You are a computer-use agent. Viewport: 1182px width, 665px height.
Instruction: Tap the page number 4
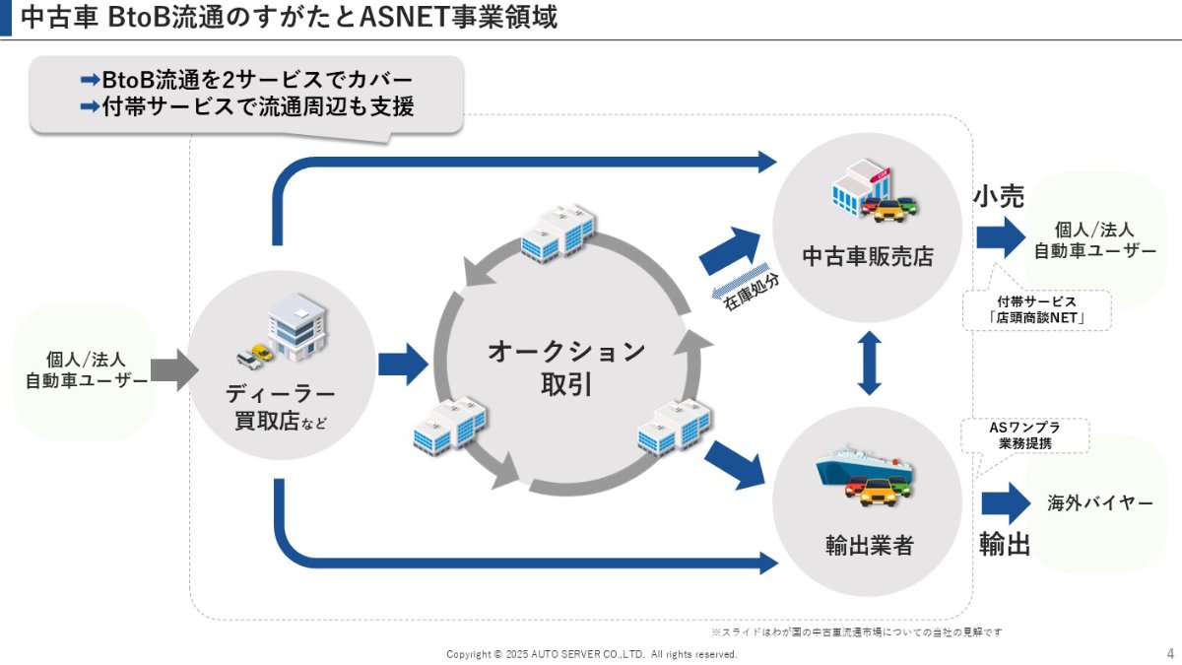point(1169,653)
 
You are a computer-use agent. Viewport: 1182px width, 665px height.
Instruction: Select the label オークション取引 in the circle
point(565,367)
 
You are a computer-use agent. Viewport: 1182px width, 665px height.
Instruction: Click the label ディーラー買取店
point(280,408)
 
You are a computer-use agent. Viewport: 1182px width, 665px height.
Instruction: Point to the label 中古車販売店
point(867,257)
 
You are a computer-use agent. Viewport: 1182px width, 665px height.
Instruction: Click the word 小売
point(999,197)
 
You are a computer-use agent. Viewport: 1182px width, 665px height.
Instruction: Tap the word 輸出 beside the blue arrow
point(1004,544)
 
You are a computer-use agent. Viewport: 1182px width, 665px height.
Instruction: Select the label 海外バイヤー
point(1099,503)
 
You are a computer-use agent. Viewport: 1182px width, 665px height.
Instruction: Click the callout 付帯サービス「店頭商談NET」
point(1035,310)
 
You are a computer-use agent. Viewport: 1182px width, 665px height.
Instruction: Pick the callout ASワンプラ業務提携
point(1024,435)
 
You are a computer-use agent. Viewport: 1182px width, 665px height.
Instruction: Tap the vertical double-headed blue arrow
point(868,363)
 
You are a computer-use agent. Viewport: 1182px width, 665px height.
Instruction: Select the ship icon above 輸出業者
point(867,464)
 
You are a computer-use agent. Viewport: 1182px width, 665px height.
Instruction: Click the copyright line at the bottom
point(591,654)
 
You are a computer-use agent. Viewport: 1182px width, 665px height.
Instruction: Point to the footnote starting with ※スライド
point(856,632)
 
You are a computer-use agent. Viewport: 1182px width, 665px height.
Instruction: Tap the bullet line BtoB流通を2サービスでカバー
point(246,80)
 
